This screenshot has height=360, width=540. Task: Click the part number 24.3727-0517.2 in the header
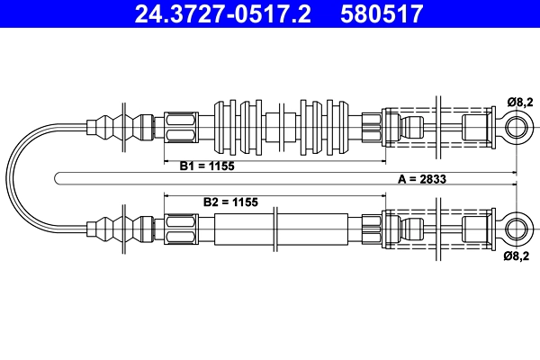223,13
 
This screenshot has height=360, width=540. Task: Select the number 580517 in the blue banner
382,13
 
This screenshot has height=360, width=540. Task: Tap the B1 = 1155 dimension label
207,166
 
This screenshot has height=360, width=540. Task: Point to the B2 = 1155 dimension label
230,202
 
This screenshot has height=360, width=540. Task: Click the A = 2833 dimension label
422,179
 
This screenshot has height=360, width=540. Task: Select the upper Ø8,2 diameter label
519,102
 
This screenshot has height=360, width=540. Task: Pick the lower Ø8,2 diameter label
517,256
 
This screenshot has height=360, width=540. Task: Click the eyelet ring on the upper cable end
517,127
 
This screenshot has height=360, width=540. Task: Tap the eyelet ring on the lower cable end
517,229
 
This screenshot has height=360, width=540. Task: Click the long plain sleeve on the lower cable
281,229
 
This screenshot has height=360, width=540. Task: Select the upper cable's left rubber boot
120,127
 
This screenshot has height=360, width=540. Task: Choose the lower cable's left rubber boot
120,229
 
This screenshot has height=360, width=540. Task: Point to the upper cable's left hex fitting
181,127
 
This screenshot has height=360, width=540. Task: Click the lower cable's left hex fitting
181,229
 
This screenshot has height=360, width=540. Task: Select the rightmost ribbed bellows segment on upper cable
337,127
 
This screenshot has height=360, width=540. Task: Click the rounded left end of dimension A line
55,178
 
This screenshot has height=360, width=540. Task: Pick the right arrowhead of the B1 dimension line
382,161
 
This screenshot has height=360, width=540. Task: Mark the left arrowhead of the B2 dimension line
167,195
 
